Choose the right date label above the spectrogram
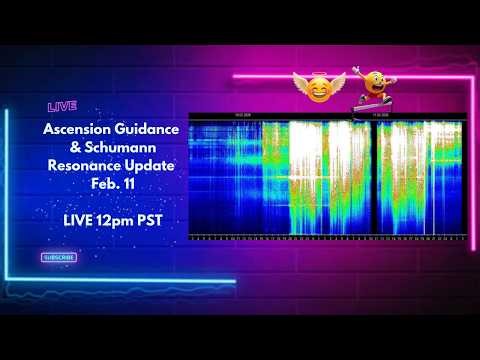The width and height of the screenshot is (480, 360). (381, 114)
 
